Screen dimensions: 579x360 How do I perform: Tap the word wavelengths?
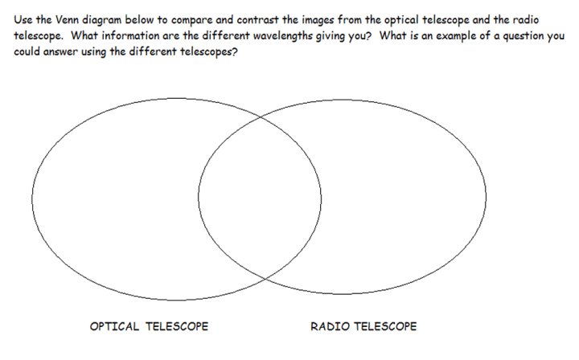(283, 36)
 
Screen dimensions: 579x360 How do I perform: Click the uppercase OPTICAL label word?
(114, 326)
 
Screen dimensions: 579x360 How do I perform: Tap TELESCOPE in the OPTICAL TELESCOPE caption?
(177, 326)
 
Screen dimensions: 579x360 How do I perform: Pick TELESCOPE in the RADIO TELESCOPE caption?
(385, 326)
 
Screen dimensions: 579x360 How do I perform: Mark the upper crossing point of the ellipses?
(261, 117)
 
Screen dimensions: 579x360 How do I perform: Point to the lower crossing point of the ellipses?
(265, 279)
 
